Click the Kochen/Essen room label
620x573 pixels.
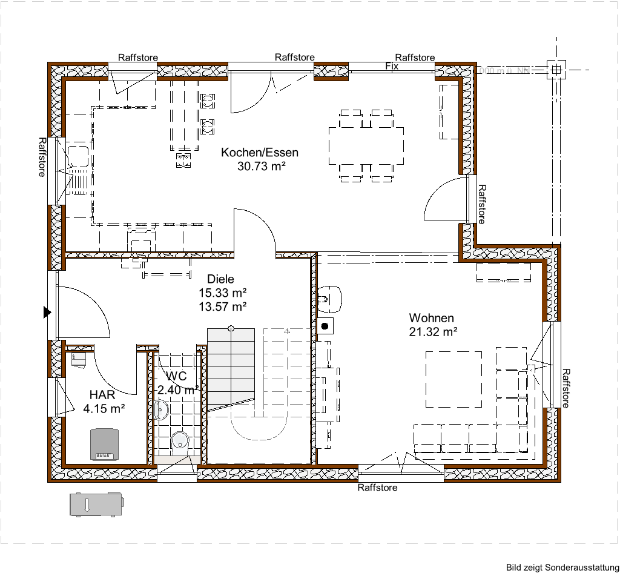coord(259,153)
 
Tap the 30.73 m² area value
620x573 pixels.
coord(261,166)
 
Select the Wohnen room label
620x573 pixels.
coord(431,318)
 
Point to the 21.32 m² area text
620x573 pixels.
coord(432,331)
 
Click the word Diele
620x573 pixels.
coord(220,279)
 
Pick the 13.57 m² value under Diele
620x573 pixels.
coord(222,306)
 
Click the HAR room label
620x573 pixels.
coord(102,395)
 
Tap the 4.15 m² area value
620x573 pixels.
coord(104,408)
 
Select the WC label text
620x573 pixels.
coord(176,376)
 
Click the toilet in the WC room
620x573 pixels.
coord(180,442)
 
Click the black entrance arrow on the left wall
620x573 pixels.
coord(47,313)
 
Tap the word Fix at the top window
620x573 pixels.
coord(392,66)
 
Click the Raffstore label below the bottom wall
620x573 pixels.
coord(377,487)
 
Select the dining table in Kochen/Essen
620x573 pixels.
coord(366,145)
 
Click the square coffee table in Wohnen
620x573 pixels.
coord(454,379)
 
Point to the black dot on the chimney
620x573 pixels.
coord(325,326)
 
